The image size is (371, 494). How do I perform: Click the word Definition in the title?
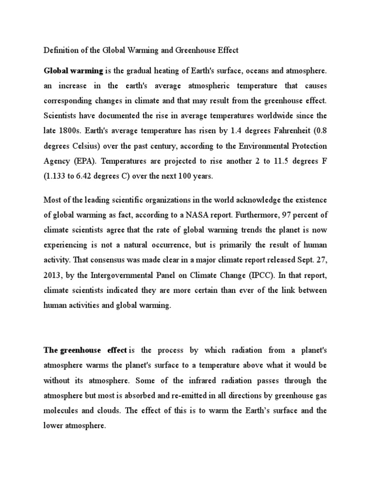point(60,50)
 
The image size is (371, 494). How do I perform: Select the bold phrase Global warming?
point(73,71)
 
